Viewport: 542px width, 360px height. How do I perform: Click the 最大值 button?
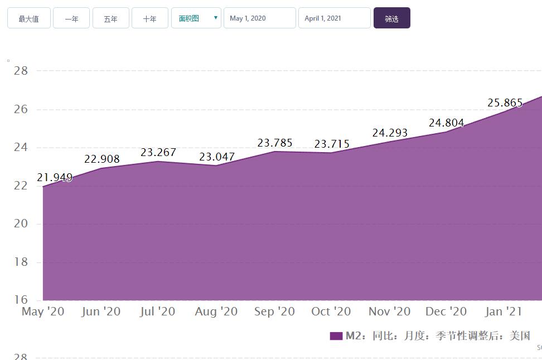click(28, 18)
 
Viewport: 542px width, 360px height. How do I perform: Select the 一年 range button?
click(71, 18)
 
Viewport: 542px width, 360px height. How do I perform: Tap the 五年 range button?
click(110, 18)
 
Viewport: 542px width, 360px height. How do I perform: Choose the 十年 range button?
click(149, 18)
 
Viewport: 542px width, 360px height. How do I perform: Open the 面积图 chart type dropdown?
click(196, 18)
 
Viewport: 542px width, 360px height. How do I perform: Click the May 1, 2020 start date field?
click(260, 18)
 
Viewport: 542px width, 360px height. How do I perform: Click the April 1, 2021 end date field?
click(334, 18)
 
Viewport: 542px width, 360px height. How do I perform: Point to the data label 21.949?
click(55, 178)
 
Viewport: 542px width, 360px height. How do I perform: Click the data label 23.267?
click(158, 152)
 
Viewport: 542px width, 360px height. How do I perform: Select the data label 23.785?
click(275, 143)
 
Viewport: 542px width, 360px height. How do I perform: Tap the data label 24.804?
click(446, 123)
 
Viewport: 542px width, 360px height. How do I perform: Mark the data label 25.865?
click(505, 103)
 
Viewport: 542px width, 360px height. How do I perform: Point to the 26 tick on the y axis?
click(21, 109)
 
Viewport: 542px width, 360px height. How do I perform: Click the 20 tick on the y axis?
click(21, 223)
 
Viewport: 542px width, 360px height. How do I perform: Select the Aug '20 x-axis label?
click(216, 312)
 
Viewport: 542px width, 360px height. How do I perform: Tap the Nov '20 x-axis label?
click(390, 312)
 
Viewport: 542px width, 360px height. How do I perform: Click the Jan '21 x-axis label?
click(504, 312)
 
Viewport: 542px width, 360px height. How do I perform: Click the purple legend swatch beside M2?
click(336, 336)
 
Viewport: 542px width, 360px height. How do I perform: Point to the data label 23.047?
click(217, 157)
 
